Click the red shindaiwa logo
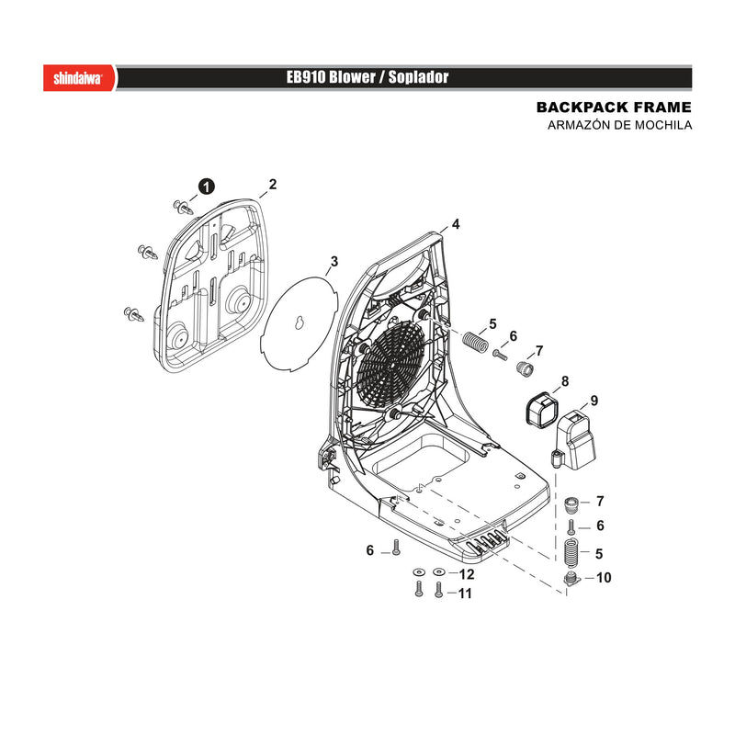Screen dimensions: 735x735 80,78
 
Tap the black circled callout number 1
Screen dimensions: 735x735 206,187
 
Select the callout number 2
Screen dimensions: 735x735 273,185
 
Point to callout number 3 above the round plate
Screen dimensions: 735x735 334,261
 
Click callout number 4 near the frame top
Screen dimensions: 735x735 456,224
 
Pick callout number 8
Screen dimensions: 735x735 565,381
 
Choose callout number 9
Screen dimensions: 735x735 594,401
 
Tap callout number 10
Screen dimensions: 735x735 604,578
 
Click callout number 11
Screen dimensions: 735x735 465,594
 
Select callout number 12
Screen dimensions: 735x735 467,574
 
